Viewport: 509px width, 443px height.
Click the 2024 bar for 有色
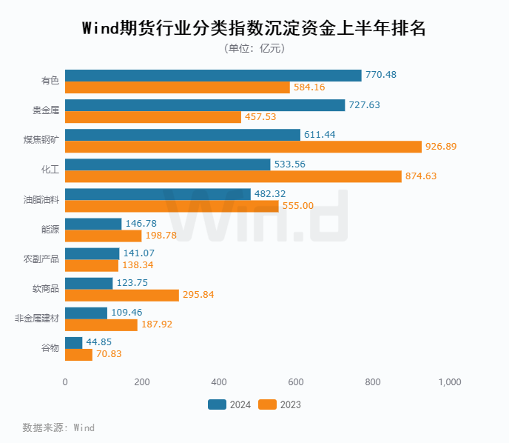pos(213,76)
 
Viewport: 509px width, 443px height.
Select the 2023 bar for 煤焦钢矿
pos(243,147)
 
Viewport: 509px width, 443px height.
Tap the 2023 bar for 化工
pos(233,176)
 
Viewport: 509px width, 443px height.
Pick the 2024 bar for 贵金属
pos(205,105)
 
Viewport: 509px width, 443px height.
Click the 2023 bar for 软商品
pos(122,295)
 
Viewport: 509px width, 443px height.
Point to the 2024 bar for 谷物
pos(74,342)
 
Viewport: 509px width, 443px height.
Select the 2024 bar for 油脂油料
pos(158,194)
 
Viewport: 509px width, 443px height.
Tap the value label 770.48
pos(381,76)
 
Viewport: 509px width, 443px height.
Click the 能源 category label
pos(50,230)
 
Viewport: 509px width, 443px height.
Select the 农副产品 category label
pos(41,259)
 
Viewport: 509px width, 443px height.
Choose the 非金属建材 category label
pos(37,319)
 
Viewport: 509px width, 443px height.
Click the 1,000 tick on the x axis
pos(450,382)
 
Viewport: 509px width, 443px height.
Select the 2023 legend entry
pos(280,404)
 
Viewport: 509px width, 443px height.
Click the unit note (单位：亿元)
pos(254,49)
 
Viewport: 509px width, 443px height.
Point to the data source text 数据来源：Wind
pos(58,427)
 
